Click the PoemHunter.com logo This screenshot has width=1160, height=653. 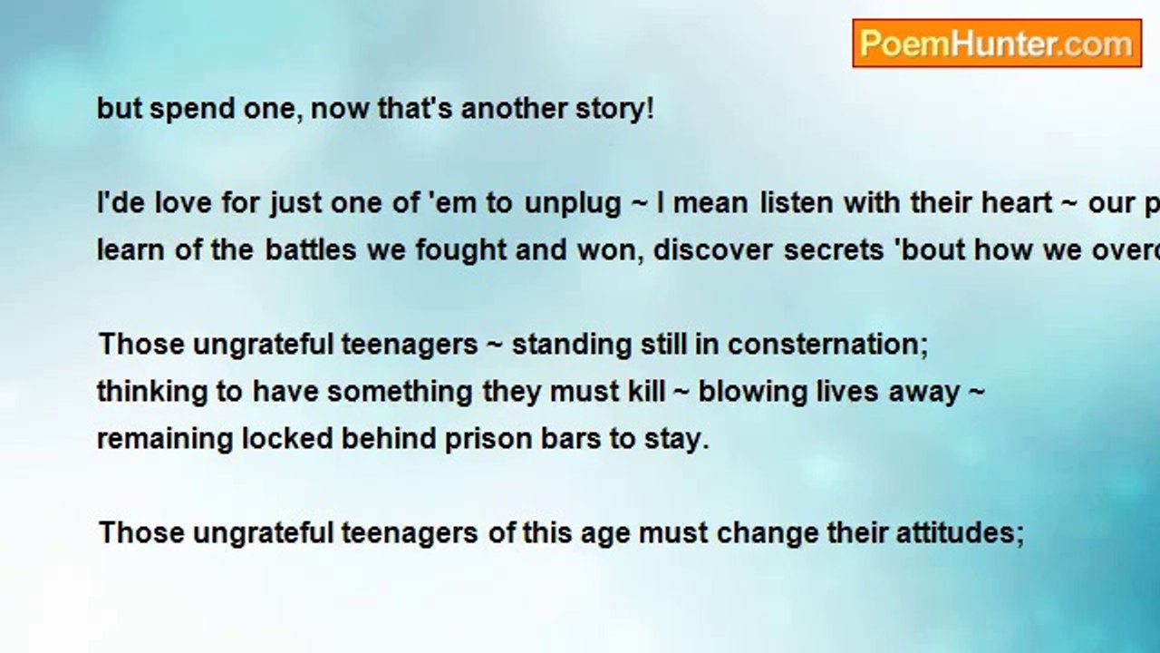point(996,44)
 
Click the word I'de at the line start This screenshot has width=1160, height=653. point(121,203)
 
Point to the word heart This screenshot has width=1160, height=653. point(1017,203)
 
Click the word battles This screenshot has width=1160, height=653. point(311,250)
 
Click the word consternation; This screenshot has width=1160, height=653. point(827,345)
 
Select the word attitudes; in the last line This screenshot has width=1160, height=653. point(960,532)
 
